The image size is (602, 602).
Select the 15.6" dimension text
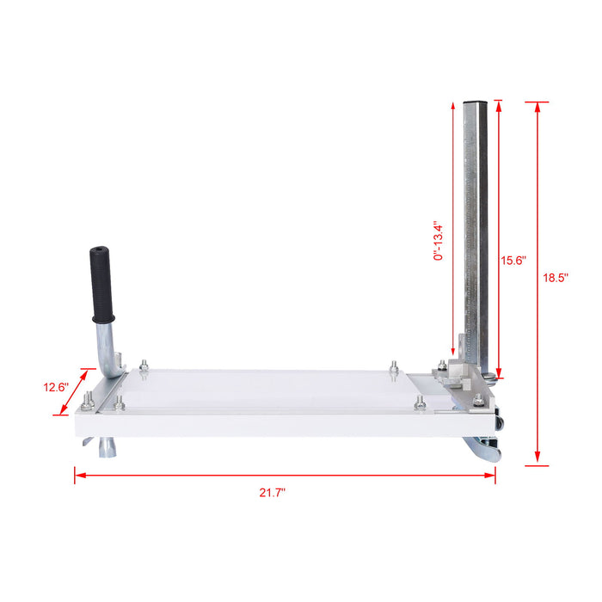click(x=513, y=260)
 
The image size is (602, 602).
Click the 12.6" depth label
click(x=56, y=387)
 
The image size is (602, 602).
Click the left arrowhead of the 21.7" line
click(x=77, y=474)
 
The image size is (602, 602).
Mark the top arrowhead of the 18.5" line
click(x=537, y=106)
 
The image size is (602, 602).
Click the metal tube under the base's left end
click(x=109, y=447)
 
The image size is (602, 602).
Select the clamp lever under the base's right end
click(x=482, y=450)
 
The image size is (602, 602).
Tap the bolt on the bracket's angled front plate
click(x=477, y=398)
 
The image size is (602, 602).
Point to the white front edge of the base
click(x=284, y=422)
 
